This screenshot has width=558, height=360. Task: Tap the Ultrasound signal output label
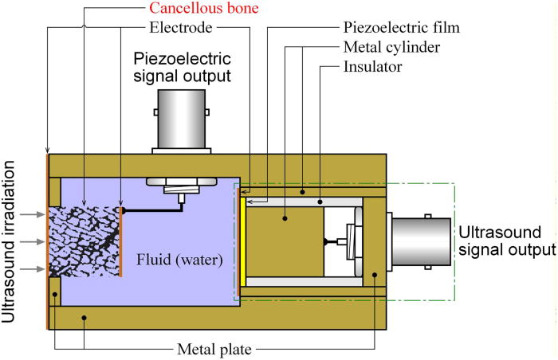(507, 239)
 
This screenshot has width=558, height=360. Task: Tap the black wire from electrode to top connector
(151, 210)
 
